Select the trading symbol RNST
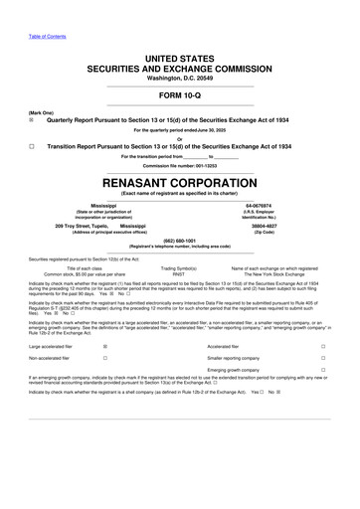pos(179,272)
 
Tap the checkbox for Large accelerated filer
pos(106,345)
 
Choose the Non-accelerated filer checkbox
pos(106,358)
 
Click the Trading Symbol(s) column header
pos(179,266)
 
